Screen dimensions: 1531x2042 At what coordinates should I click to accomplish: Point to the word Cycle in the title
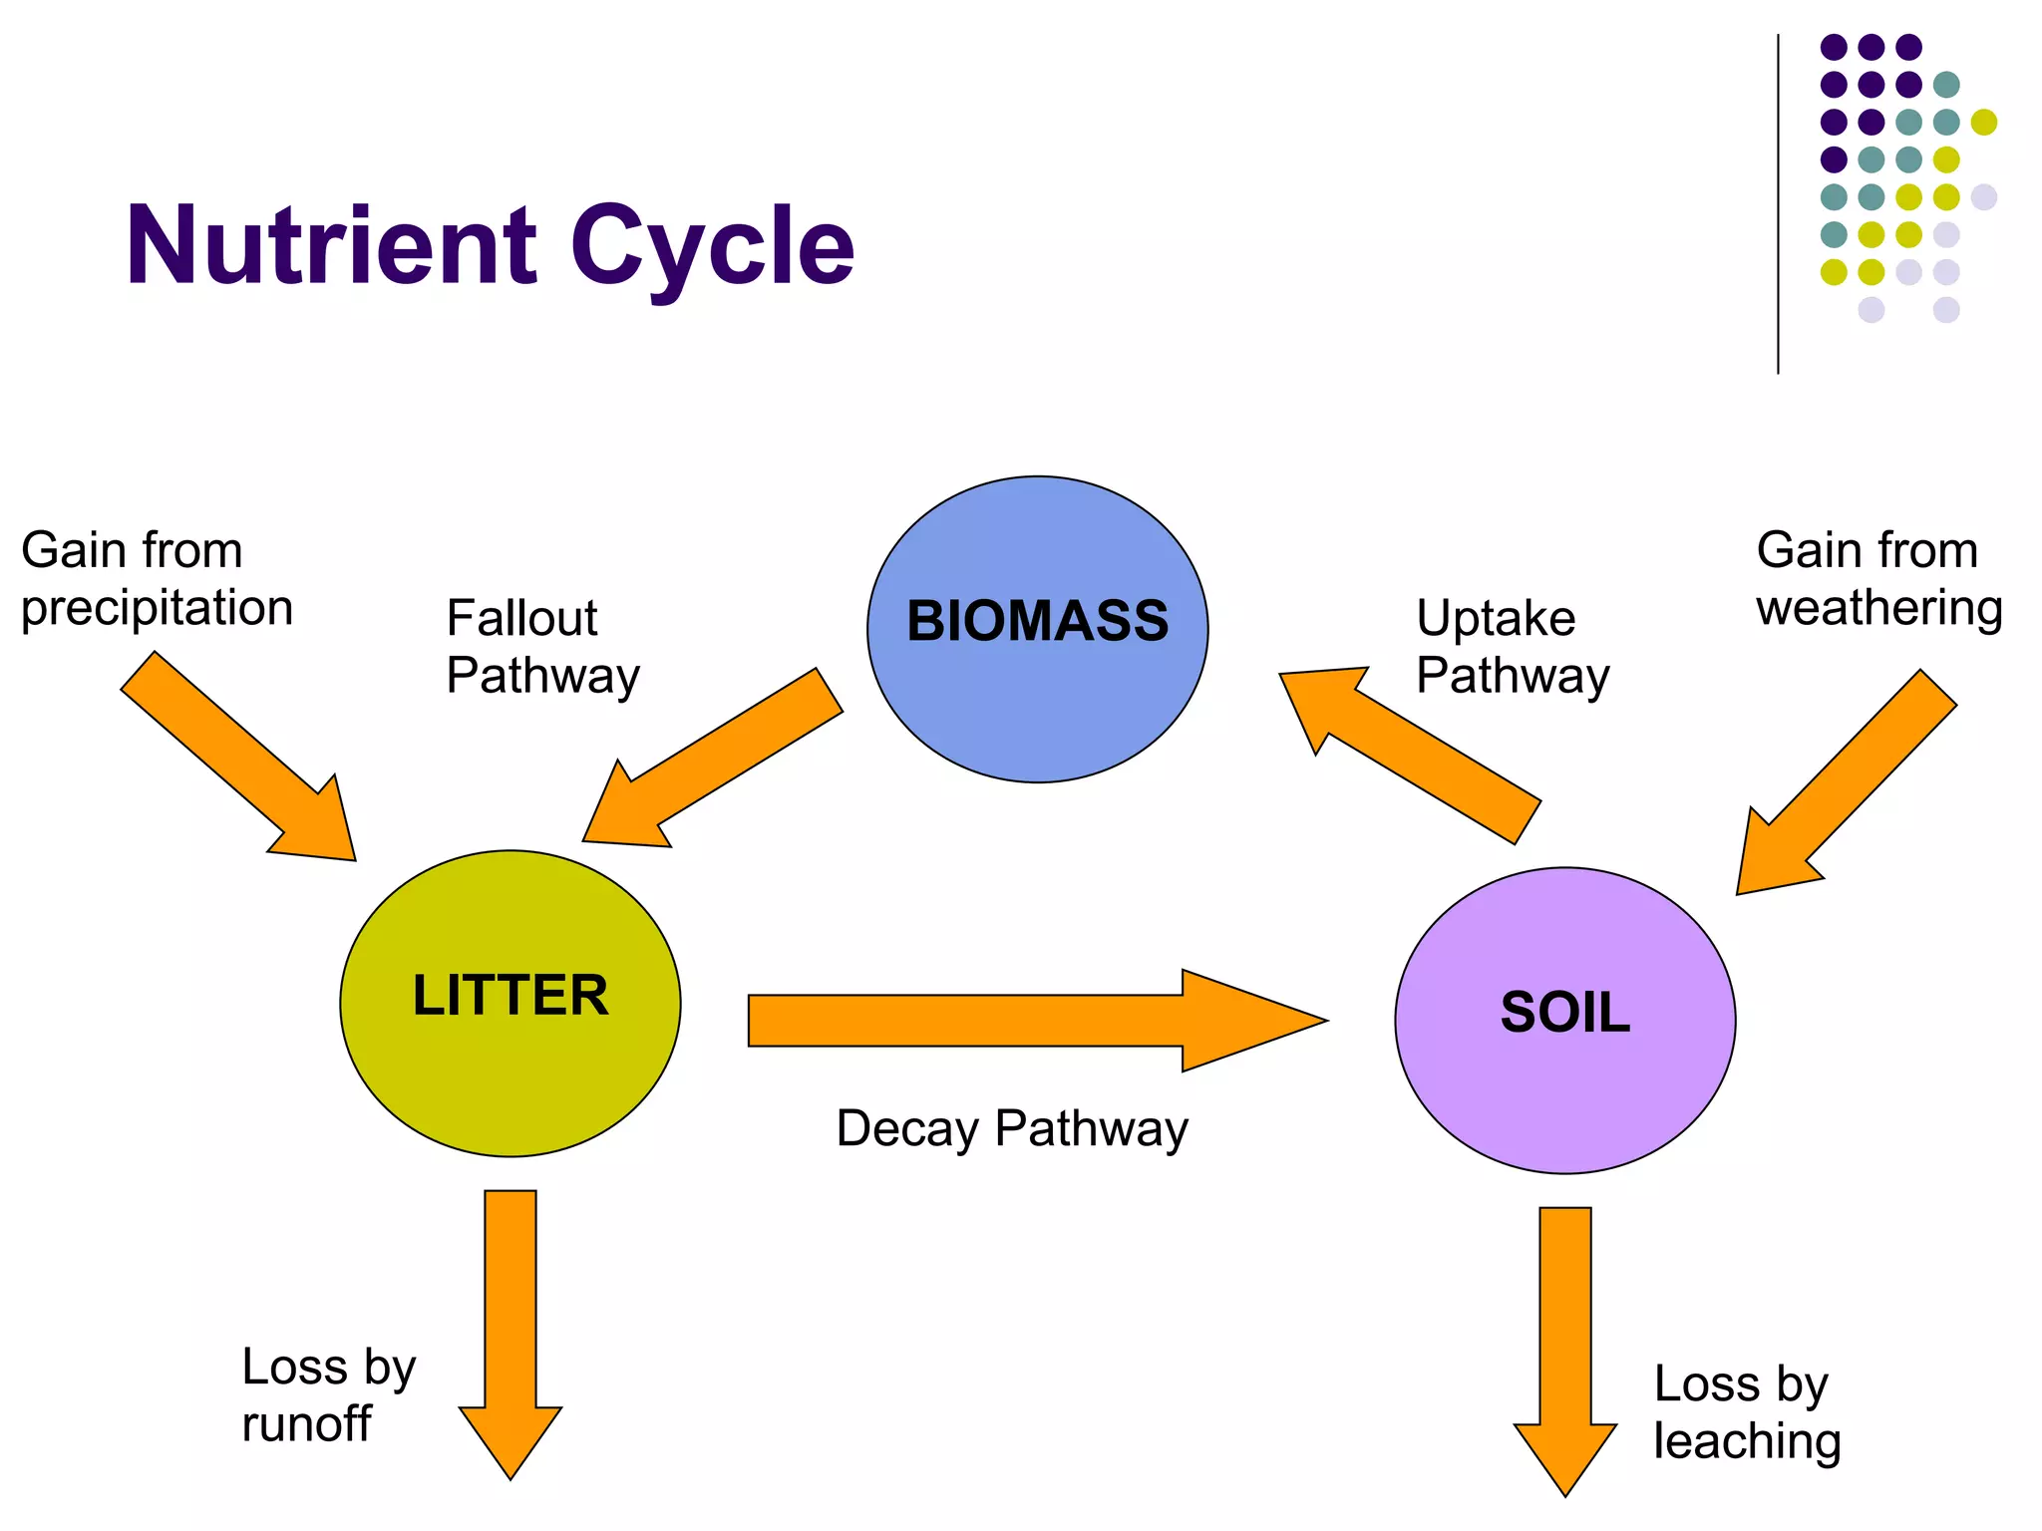point(712,246)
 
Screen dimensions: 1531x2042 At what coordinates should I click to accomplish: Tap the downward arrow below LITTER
point(510,1326)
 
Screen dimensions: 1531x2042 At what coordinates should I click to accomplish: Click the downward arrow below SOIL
point(1565,1346)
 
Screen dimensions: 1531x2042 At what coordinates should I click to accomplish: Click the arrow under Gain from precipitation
point(239,758)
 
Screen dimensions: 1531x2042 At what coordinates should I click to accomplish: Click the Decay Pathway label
point(1012,1129)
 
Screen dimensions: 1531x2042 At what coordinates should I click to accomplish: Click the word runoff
point(306,1423)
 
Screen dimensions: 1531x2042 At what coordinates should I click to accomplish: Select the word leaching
point(1747,1441)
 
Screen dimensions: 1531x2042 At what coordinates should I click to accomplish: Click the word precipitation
point(157,608)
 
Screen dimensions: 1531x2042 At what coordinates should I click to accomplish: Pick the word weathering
point(1879,608)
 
